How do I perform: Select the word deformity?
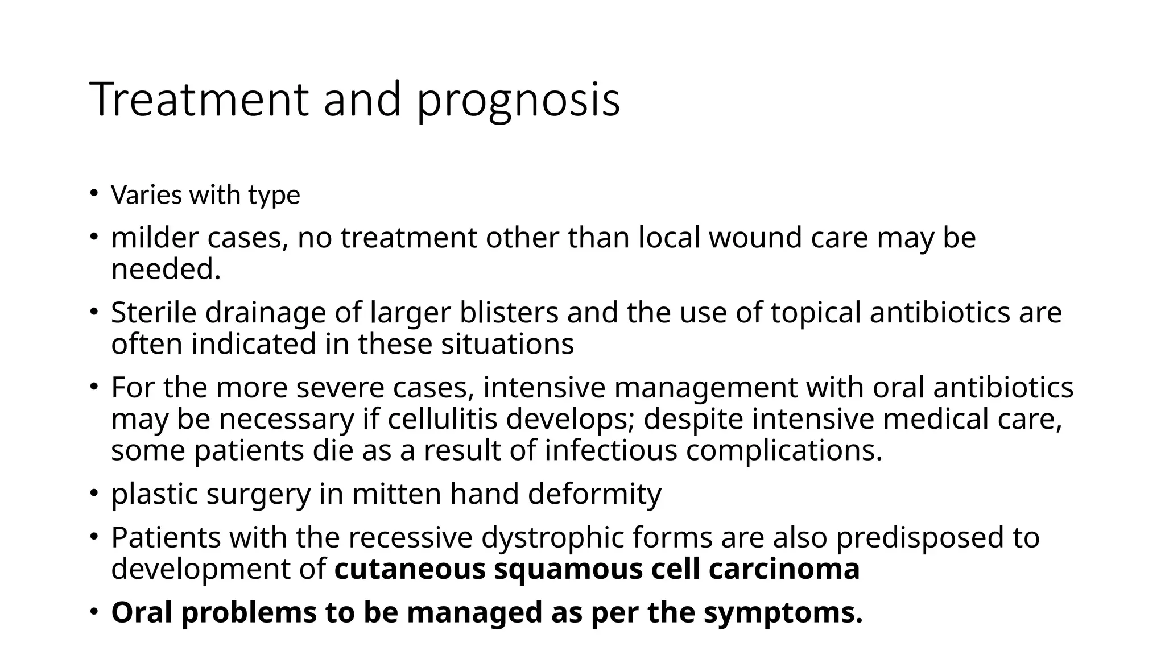594,494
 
